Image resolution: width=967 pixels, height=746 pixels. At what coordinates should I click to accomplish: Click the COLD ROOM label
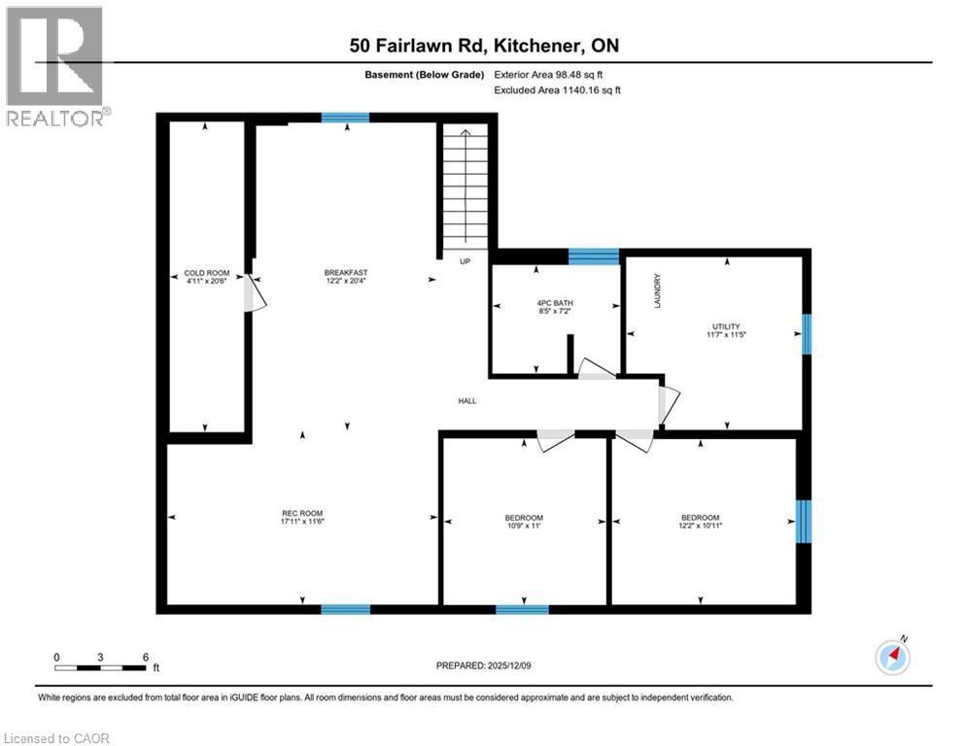point(205,273)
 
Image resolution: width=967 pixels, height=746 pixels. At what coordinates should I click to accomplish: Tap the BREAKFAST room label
point(346,272)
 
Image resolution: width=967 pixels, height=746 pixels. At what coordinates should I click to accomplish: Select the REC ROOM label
point(302,513)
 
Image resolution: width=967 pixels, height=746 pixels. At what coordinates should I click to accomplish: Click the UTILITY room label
point(726,326)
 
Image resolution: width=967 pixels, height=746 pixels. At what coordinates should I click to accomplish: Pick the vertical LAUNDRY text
point(658,290)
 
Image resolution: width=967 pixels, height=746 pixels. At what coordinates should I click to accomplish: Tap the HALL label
point(467,401)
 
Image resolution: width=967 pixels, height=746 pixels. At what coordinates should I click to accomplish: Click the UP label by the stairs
point(466,261)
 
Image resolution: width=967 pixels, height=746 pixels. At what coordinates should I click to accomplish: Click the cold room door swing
point(256,293)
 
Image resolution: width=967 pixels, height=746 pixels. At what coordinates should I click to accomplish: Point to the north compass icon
point(892,658)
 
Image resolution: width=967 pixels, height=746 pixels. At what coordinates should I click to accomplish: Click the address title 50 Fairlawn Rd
point(484,46)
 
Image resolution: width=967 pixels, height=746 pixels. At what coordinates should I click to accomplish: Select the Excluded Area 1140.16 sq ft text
point(557,89)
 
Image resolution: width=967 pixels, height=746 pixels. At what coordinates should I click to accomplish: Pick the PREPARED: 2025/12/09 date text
point(484,665)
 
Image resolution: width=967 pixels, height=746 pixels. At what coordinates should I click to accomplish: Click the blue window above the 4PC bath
point(593,256)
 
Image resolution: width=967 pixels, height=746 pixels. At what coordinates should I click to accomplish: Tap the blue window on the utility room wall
point(807,334)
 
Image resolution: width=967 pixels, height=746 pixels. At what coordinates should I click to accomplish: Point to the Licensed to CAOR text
point(57,738)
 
